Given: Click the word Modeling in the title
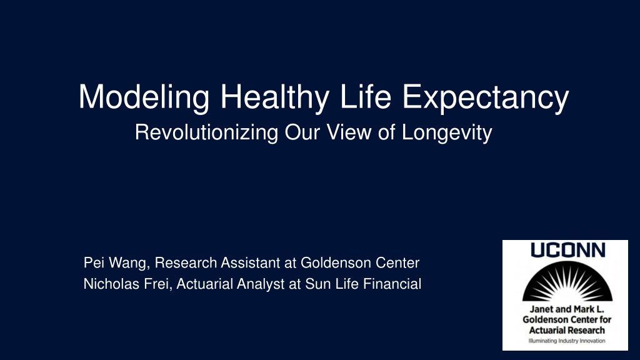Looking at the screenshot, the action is tap(144, 97).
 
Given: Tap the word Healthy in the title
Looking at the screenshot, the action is tap(274, 97).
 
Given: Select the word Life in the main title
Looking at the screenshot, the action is tap(365, 96).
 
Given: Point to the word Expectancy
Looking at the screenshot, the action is tap(485, 97).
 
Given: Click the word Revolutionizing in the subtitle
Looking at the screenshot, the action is tap(206, 132).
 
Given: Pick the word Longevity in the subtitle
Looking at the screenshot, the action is tap(447, 132).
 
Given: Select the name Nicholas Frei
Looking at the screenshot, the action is tap(126, 284).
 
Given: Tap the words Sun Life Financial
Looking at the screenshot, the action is tap(363, 284).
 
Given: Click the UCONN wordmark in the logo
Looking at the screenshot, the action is tap(567, 250).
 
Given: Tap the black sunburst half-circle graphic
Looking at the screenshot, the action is tap(567, 281).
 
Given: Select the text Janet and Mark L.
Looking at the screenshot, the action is tap(567, 309).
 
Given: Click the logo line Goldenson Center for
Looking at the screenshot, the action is tap(567, 319).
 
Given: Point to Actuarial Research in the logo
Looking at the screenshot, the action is tap(567, 330).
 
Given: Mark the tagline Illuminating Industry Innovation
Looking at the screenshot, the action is tap(567, 341).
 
